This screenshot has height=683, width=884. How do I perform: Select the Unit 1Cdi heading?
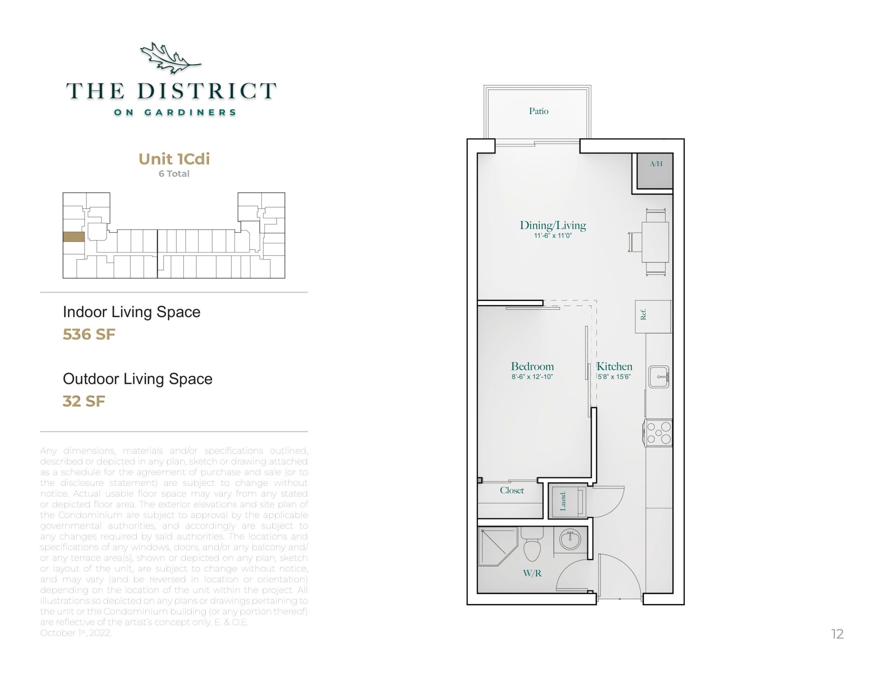(x=174, y=159)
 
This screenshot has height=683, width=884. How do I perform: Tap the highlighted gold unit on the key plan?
(x=74, y=237)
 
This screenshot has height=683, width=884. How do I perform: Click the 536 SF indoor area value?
(x=89, y=334)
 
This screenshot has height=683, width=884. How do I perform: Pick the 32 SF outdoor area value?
(x=84, y=401)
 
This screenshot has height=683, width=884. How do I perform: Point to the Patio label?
(x=538, y=111)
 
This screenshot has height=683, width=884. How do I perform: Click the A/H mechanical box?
(x=655, y=171)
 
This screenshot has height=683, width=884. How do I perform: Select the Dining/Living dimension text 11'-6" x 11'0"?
(x=552, y=235)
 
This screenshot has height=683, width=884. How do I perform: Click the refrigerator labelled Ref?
(x=653, y=316)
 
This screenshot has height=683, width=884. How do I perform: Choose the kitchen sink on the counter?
(x=659, y=376)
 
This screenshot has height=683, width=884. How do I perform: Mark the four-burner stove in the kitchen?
(x=658, y=433)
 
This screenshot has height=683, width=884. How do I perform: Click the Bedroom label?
(x=532, y=366)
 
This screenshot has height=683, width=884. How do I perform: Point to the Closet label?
(x=512, y=490)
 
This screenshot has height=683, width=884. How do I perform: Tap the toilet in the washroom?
(x=532, y=545)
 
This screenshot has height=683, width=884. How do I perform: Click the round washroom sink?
(x=570, y=539)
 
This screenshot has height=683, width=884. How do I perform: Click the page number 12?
(x=837, y=634)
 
